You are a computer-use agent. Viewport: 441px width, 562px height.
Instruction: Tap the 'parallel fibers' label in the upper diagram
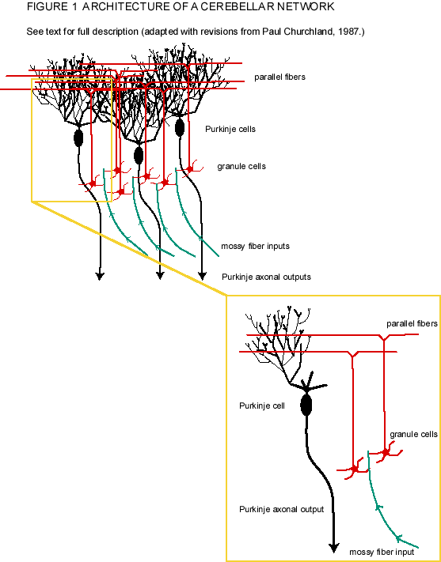(281, 77)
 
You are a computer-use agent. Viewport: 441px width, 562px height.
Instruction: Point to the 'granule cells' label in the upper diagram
(241, 167)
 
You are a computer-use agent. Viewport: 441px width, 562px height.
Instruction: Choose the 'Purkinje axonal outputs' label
(266, 277)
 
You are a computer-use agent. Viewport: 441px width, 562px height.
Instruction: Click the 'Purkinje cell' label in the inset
(260, 405)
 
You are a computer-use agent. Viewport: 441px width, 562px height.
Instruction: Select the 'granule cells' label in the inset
(413, 435)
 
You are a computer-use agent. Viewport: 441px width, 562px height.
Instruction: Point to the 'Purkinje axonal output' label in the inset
(282, 509)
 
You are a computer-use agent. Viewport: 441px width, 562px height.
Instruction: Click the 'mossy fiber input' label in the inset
(382, 551)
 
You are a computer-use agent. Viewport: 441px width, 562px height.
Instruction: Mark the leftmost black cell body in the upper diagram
(78, 138)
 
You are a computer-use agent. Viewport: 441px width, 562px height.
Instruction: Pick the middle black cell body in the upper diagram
(139, 155)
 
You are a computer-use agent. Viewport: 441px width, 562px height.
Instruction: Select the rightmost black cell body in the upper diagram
(180, 126)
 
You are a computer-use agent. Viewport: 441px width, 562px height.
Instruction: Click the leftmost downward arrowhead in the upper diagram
(101, 276)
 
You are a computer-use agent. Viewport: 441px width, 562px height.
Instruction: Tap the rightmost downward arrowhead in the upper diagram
(219, 276)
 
